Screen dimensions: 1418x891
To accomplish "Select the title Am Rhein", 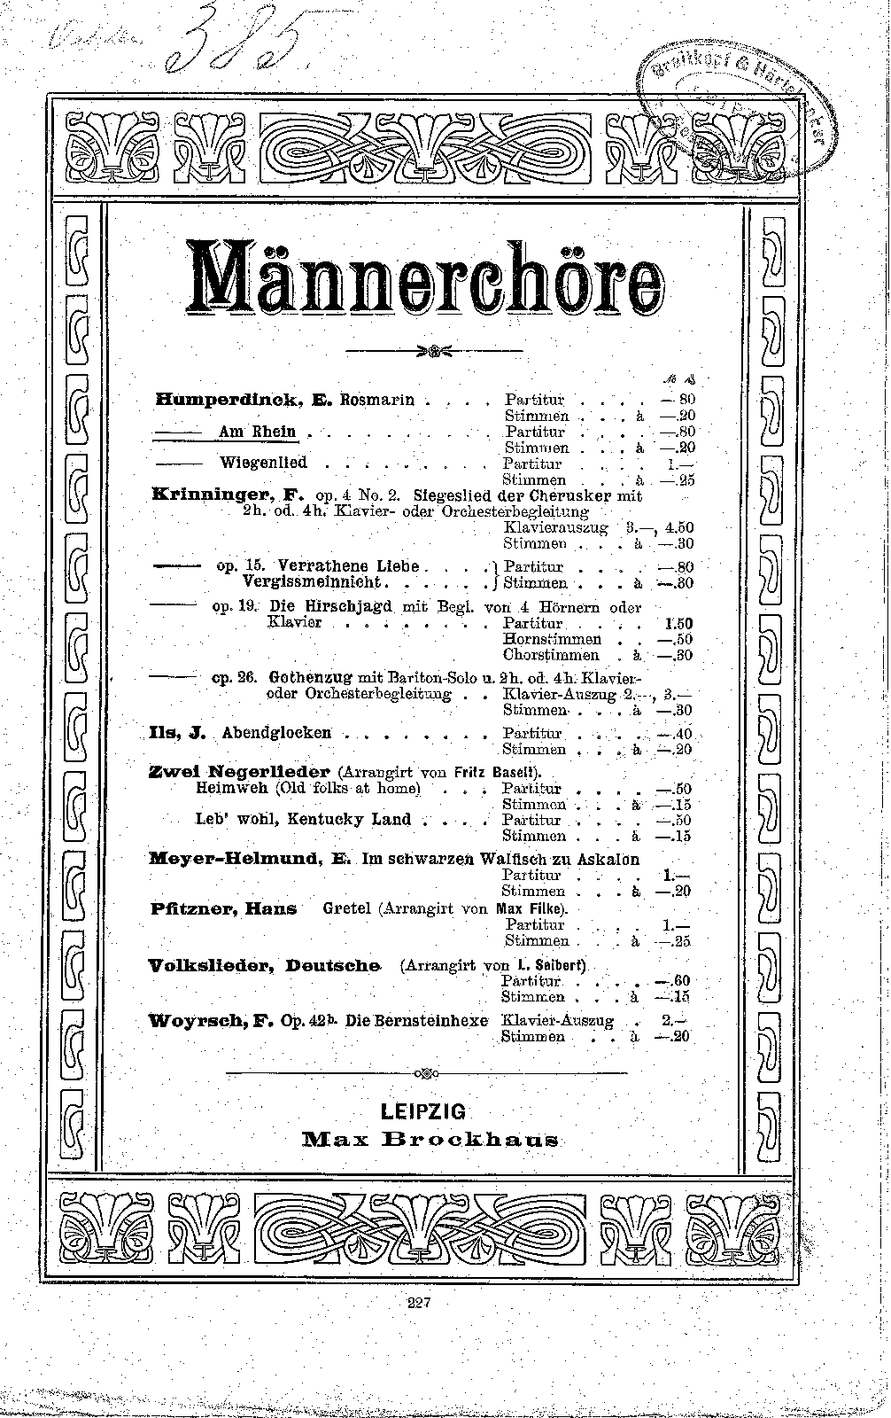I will coord(258,432).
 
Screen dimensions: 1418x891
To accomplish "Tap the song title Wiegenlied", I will coord(263,463).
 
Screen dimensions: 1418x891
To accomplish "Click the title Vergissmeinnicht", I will coord(312,582).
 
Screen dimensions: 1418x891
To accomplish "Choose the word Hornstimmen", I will coord(552,639).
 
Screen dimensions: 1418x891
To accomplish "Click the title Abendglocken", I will coord(276,733).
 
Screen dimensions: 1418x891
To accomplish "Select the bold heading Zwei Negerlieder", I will coord(239,771).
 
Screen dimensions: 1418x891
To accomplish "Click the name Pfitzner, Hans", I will coord(222,908).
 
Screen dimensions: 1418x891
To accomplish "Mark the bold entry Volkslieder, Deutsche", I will coord(264,965).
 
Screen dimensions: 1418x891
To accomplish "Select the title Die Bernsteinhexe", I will coord(416,1020).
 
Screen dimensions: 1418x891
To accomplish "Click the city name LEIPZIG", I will coord(422,1111).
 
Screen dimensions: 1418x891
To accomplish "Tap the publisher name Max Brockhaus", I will coord(430,1139).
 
